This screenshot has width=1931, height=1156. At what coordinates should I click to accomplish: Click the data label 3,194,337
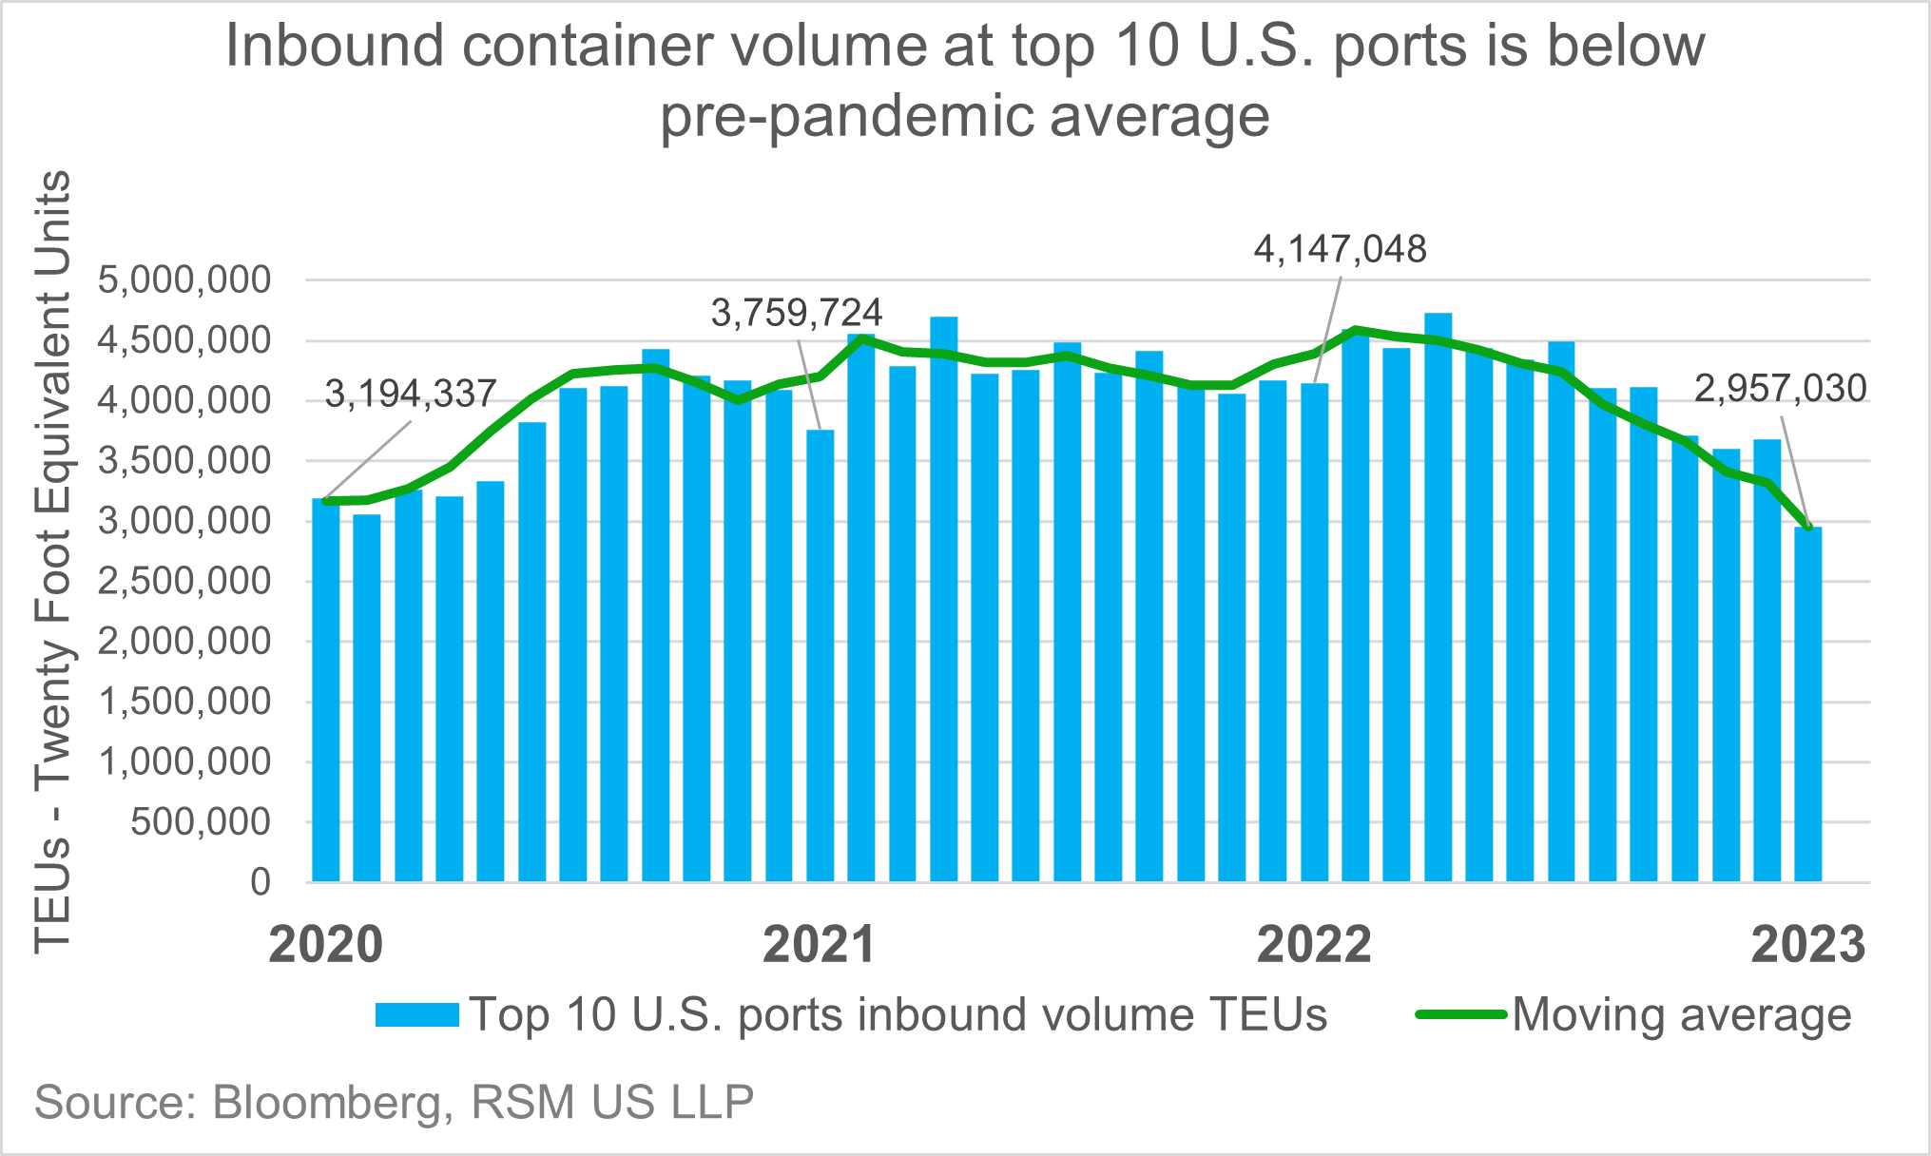[411, 394]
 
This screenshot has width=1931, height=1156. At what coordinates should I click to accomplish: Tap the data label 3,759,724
[797, 313]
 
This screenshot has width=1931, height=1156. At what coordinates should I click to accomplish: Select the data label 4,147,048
[1340, 249]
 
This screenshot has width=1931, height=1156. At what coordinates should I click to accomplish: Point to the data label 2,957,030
[1780, 389]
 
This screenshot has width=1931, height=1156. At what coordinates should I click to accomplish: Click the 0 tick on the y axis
[260, 882]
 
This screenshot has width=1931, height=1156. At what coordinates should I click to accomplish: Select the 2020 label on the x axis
[325, 945]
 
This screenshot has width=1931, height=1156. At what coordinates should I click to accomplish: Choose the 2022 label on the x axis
[1314, 945]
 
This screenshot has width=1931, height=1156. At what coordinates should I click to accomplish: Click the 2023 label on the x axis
[1807, 945]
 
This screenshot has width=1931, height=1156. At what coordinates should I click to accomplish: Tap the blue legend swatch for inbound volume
[416, 1014]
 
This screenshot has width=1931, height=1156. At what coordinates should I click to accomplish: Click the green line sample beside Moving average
[1460, 1014]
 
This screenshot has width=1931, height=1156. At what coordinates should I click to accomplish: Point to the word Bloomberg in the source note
[328, 1103]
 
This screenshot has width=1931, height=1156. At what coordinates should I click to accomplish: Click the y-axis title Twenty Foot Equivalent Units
[53, 561]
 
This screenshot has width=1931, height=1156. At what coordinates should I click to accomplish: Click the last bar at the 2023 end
[1807, 703]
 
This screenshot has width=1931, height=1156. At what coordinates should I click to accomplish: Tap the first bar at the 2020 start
[325, 689]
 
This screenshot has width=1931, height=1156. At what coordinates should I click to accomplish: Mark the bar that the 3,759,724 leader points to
[820, 656]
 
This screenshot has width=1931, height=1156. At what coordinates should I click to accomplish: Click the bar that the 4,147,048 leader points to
[1314, 632]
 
